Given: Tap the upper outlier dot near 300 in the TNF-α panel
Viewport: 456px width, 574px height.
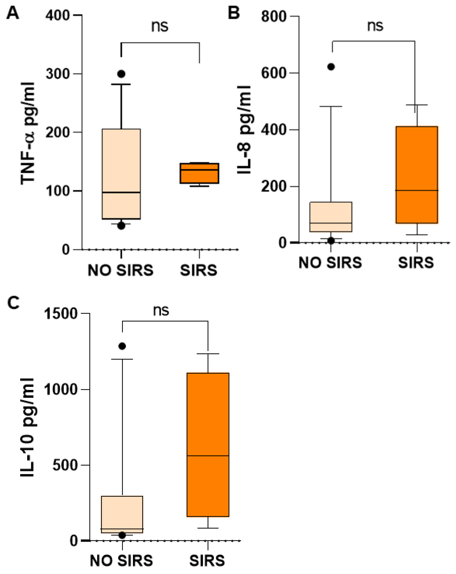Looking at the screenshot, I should pyautogui.click(x=121, y=74).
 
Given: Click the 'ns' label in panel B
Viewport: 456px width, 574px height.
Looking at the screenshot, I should pyautogui.click(x=375, y=26).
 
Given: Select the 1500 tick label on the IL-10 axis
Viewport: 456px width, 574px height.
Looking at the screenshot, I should pyautogui.click(x=61, y=314).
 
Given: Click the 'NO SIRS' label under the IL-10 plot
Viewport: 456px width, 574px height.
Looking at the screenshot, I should pyautogui.click(x=121, y=561).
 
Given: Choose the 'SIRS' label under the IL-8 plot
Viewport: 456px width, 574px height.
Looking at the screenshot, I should pyautogui.click(x=416, y=263).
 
